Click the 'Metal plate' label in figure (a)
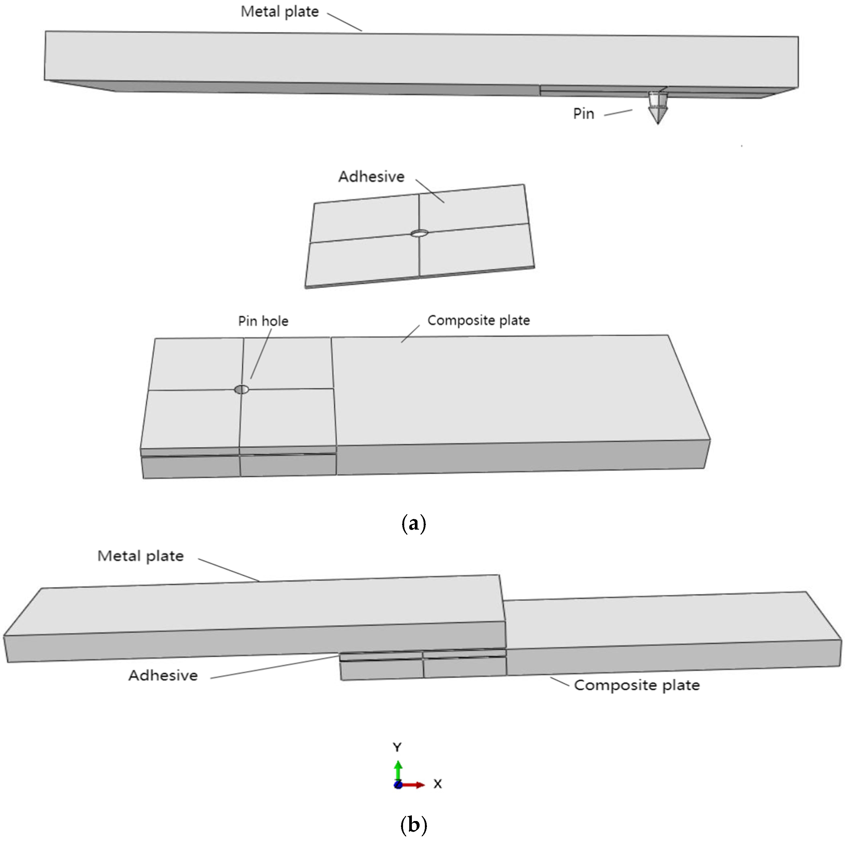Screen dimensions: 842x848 pyautogui.click(x=280, y=12)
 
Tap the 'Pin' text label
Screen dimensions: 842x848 pyautogui.click(x=583, y=114)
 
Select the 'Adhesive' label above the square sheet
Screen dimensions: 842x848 pyautogui.click(x=371, y=177)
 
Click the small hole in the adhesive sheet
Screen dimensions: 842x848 pyautogui.click(x=419, y=233)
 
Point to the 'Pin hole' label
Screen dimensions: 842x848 pyautogui.click(x=263, y=321)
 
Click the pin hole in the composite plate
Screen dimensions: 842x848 pyautogui.click(x=241, y=389)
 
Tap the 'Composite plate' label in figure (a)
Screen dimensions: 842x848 pyautogui.click(x=478, y=320)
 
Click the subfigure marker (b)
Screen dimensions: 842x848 pyautogui.click(x=413, y=825)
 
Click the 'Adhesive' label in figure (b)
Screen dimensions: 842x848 pyautogui.click(x=163, y=675)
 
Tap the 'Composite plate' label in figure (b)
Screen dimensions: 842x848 pyautogui.click(x=636, y=685)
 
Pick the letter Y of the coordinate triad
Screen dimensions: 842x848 pyautogui.click(x=397, y=747)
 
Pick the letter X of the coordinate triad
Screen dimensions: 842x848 pyautogui.click(x=437, y=784)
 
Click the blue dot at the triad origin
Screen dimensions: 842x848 pyautogui.click(x=398, y=785)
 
